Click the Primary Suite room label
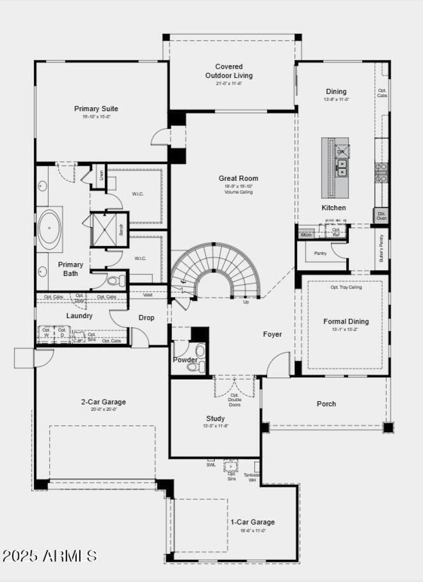(x=96, y=109)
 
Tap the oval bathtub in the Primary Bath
(x=50, y=228)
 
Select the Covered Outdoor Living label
(x=229, y=71)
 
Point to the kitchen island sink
(x=342, y=168)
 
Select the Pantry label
(x=320, y=253)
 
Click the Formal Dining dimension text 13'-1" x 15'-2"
(x=346, y=329)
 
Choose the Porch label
(x=326, y=404)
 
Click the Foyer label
(x=272, y=334)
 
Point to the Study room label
(x=215, y=418)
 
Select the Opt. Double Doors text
(x=234, y=400)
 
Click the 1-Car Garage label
(x=252, y=522)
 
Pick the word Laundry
(x=79, y=316)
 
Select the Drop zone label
(x=146, y=318)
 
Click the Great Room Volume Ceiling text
(x=238, y=192)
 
